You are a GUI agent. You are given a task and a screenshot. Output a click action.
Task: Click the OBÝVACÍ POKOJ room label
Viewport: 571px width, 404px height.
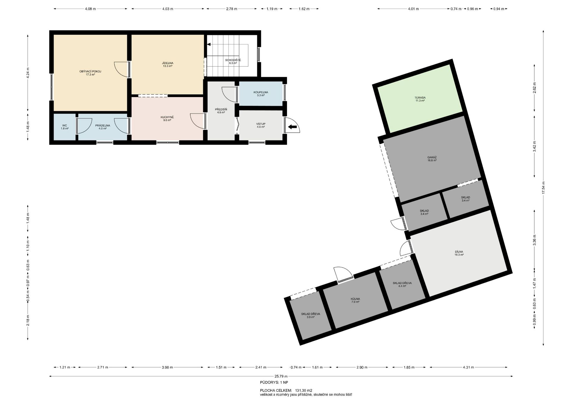[x=90, y=71]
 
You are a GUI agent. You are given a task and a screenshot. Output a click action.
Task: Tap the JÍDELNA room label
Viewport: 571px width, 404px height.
[x=168, y=63]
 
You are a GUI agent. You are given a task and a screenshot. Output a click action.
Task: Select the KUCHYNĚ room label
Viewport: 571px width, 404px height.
[x=167, y=117]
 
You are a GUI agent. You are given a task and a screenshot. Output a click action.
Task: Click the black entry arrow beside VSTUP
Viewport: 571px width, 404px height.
[x=293, y=127]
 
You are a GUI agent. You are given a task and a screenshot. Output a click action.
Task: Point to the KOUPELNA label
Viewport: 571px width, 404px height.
[x=261, y=92]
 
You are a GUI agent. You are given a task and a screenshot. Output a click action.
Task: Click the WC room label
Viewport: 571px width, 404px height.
[x=65, y=126]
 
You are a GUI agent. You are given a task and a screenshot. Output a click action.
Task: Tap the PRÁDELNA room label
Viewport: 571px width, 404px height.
[x=103, y=126]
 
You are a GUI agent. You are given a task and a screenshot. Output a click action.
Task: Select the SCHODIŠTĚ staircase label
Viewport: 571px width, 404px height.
[x=233, y=60]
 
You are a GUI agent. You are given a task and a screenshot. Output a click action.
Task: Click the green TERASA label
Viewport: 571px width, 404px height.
[x=420, y=98]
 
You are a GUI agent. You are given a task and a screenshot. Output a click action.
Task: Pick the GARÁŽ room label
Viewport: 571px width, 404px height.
[x=432, y=157]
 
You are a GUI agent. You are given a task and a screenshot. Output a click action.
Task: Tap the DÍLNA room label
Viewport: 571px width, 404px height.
[x=459, y=252]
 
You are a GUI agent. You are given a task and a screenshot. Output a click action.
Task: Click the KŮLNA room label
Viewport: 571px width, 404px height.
[x=355, y=299]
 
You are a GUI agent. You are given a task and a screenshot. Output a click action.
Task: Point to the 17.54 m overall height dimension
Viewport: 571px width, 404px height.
[x=543, y=188]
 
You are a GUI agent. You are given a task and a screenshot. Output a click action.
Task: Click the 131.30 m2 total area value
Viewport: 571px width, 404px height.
[x=304, y=390]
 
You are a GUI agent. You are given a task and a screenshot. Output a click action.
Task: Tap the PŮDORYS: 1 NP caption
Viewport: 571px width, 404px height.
[x=274, y=383]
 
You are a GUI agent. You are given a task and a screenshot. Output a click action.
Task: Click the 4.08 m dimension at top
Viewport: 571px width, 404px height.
[x=90, y=9]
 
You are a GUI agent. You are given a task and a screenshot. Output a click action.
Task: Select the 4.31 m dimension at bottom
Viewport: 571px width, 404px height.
[x=468, y=367]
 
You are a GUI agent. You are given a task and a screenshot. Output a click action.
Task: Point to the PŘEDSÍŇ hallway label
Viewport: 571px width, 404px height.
[x=221, y=109]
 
